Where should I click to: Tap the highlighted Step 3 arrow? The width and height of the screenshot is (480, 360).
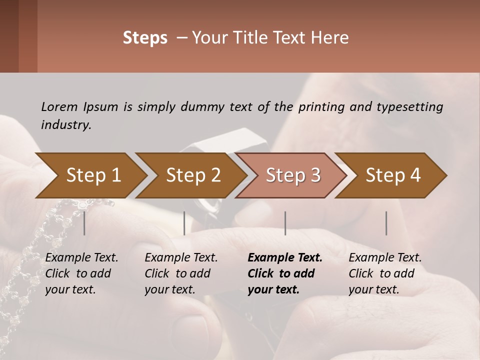293,175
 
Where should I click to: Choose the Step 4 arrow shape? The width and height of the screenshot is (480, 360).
393,175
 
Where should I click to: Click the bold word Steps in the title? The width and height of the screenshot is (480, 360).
145,38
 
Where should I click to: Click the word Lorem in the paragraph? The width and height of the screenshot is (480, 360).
59,107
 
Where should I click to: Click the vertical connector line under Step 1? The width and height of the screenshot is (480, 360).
84,223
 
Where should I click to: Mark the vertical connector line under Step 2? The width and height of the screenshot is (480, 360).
184,223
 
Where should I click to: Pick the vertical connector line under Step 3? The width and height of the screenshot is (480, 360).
285,223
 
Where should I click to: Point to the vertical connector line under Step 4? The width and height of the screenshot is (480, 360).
386,223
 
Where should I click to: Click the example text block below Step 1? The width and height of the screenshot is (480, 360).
81,273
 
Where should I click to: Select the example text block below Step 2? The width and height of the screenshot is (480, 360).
181,273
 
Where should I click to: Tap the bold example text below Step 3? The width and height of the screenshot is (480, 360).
285,273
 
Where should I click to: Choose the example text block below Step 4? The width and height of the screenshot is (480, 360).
385,273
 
